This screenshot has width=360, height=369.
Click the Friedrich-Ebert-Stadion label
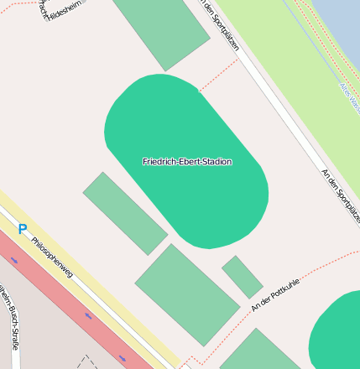pos(187,161)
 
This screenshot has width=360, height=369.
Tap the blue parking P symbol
pos(23,229)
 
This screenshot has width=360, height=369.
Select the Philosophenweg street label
pos(53,257)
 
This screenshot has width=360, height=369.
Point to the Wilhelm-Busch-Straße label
pos(10,319)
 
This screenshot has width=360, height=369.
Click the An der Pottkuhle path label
pos(274,298)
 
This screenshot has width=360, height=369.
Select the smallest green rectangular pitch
pos(242,277)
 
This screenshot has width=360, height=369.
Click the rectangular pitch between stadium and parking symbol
pos(125,213)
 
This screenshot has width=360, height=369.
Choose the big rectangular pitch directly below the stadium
pos(187,294)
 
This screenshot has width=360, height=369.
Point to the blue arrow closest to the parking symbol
pos(14,260)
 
